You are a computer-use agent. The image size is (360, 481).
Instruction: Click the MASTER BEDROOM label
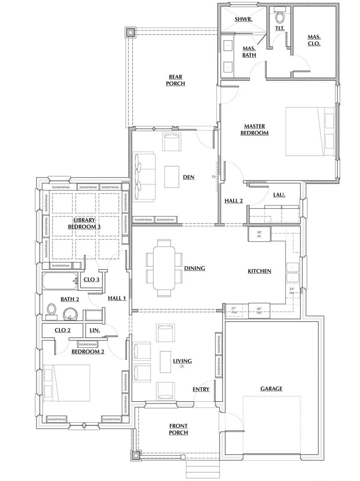254,129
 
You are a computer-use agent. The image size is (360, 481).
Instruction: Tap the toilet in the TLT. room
280,17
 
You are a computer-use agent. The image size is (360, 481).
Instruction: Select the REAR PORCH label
175,80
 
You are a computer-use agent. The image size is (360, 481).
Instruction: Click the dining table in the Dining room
164,268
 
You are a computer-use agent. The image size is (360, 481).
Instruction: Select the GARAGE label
271,389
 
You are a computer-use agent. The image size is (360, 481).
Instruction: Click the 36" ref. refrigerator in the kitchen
259,233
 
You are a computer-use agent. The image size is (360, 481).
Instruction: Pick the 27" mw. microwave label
234,310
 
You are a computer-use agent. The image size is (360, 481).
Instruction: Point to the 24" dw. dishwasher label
292,291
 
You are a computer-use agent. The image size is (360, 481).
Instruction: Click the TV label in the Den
213,177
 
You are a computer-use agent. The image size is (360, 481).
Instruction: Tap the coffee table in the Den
172,177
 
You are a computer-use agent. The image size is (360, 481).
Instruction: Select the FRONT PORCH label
178,429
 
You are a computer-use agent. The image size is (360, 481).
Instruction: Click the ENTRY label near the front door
201,389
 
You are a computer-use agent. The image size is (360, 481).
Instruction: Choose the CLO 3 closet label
91,279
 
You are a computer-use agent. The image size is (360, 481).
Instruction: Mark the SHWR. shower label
243,19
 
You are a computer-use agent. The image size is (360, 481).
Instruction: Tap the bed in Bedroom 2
67,383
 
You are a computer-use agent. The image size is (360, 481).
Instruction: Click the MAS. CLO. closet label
314,40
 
